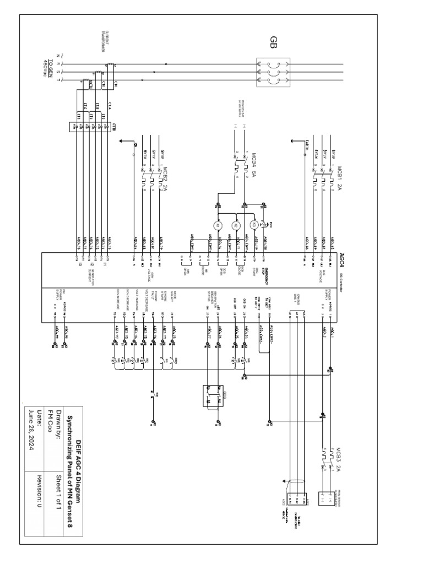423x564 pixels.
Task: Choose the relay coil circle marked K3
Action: pyautogui.click(x=254, y=225)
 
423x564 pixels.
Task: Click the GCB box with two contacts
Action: pyautogui.click(x=211, y=396)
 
